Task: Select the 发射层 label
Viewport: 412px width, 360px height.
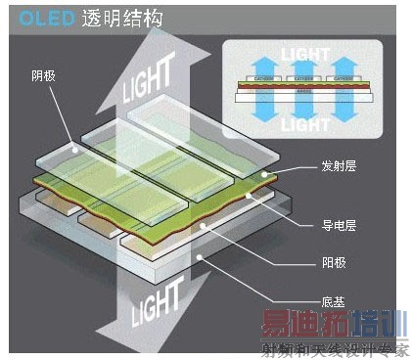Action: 338,166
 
